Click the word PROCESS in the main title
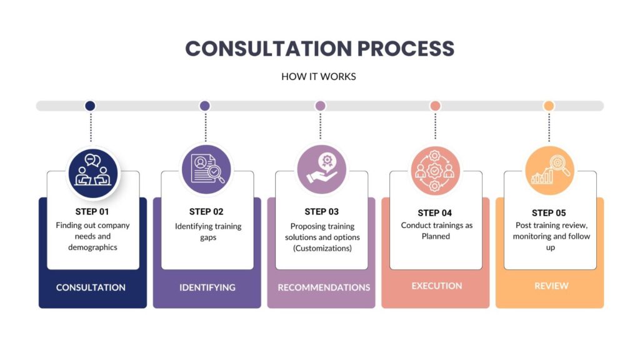point(395,49)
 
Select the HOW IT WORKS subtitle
point(319,77)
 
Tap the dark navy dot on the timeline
point(90,106)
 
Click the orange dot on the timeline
point(549,106)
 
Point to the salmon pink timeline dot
point(435,106)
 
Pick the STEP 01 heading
point(92,211)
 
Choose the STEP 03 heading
point(321,211)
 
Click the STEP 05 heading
point(549,212)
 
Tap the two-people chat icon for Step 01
point(92,171)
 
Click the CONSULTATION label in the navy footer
point(91,287)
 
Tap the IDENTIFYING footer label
point(207,287)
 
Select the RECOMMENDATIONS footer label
point(324,287)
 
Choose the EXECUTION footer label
point(437,286)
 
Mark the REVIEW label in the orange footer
point(551,286)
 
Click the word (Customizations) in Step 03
point(322,248)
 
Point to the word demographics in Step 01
point(93,247)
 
